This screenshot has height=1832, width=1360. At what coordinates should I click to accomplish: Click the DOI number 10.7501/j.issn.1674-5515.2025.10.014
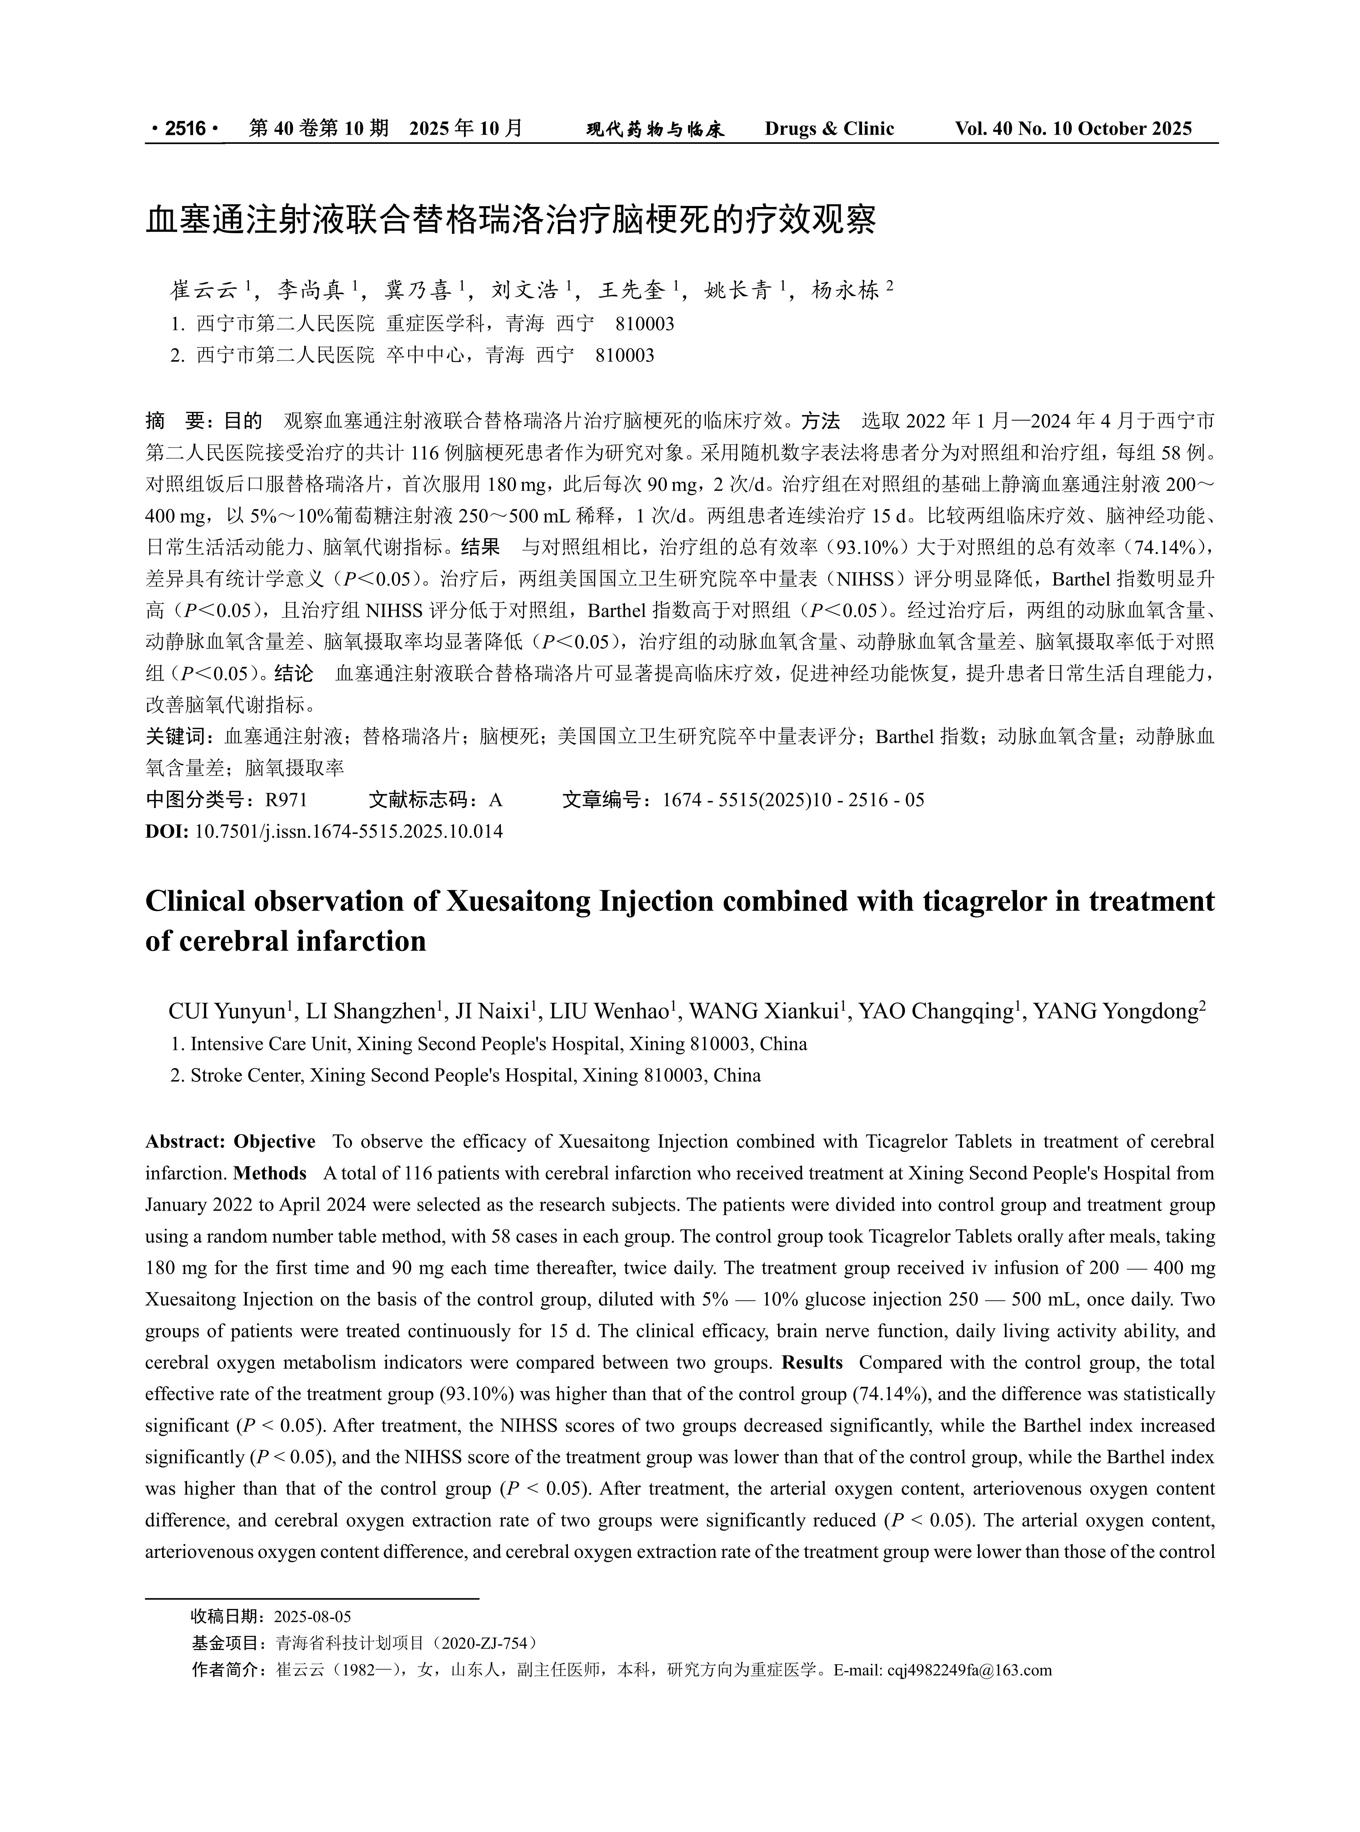coord(348,831)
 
